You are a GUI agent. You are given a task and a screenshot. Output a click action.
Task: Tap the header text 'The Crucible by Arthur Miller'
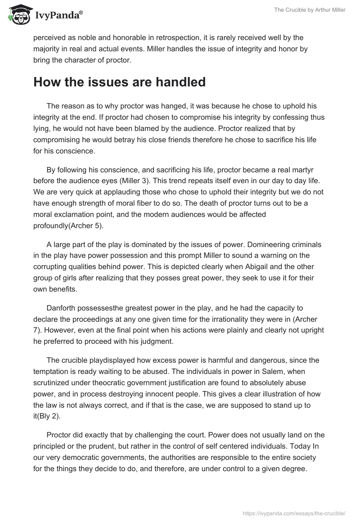[x=310, y=10]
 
